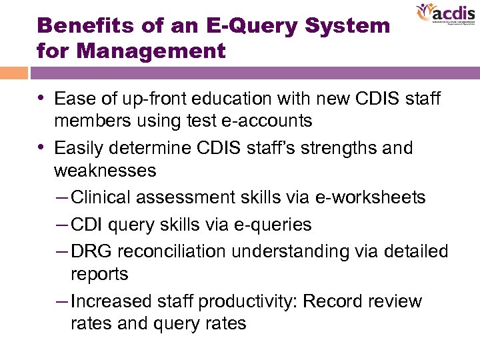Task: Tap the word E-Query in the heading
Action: [239, 26]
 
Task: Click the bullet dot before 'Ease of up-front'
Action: [43, 99]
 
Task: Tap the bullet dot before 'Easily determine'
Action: [43, 147]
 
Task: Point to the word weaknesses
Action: [105, 171]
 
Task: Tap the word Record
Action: [333, 301]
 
